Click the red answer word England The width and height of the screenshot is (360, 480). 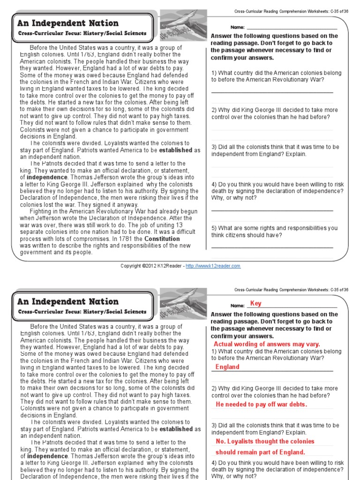pos(227,367)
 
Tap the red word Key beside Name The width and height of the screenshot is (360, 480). pos(255,303)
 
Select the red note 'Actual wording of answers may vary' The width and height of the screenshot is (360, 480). pos(267,344)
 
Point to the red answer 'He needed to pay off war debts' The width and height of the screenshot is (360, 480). pos(261,405)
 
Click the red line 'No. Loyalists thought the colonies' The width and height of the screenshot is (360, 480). pos(265,442)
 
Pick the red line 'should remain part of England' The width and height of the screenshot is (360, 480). pos(260,452)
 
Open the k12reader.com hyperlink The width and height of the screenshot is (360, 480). pos(213,266)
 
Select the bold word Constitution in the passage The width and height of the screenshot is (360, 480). pos(162,239)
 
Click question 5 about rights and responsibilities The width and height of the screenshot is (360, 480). pos(274,232)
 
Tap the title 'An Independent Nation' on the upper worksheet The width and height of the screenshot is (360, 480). pos(68,23)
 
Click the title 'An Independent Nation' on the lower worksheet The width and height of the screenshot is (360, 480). pos(68,301)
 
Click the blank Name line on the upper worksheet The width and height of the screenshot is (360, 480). pos(291,29)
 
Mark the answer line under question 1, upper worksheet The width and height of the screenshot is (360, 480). pos(272,92)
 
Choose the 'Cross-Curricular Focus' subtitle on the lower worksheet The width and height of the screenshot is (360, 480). pos(82,312)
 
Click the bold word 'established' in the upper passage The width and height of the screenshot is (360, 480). pos(176,150)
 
